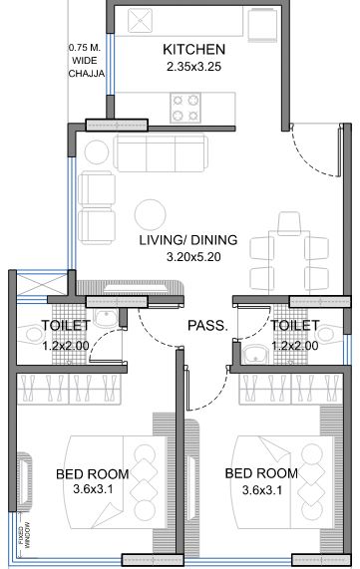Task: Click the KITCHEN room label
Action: (x=193, y=50)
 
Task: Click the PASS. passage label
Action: (x=208, y=326)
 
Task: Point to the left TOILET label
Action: (x=66, y=326)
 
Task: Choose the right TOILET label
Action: (x=295, y=326)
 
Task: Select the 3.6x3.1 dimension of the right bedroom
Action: (x=262, y=489)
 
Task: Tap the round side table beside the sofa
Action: (x=96, y=151)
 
